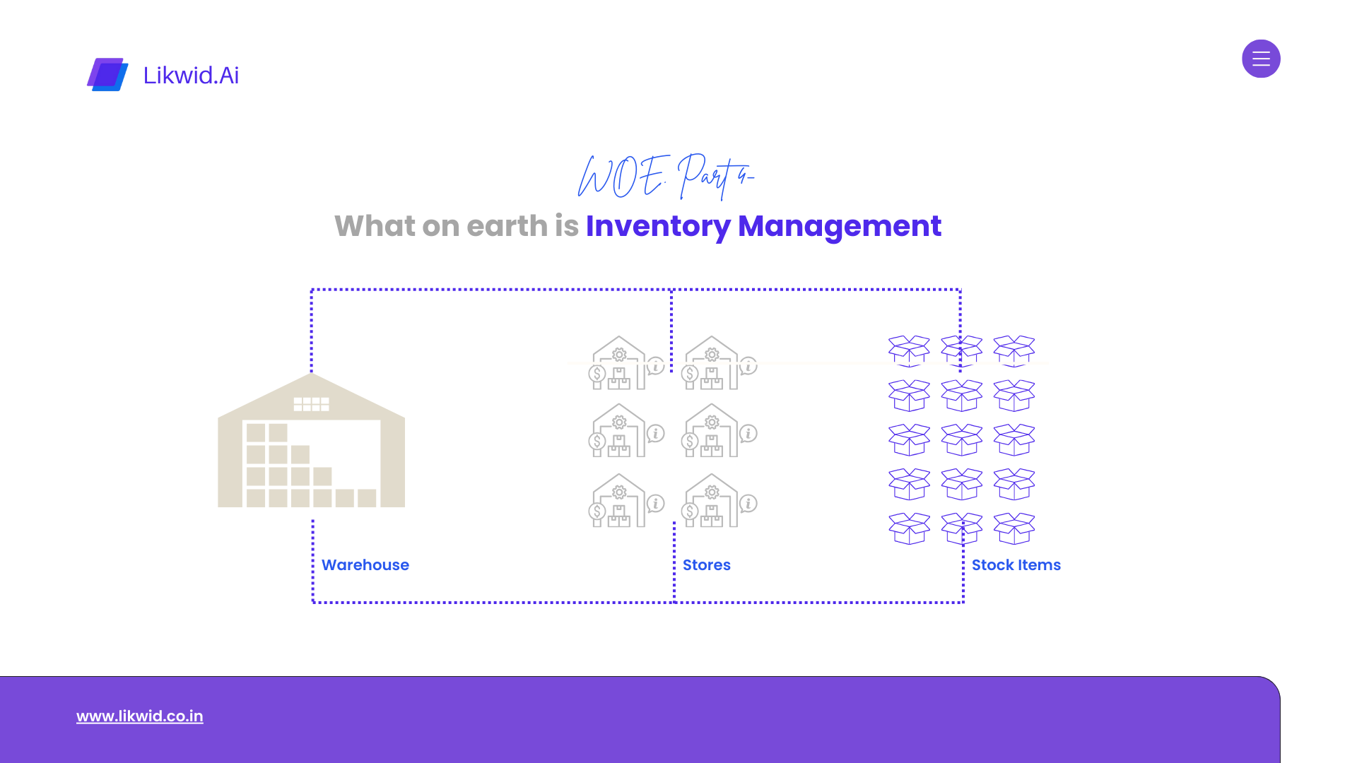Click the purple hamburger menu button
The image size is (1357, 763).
click(x=1261, y=59)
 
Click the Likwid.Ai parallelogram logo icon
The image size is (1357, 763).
click(x=107, y=74)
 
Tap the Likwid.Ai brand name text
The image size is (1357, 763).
click(x=191, y=75)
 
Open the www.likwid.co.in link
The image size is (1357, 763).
click(x=140, y=716)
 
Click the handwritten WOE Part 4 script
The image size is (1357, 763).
click(x=664, y=176)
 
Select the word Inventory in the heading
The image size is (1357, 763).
click(x=657, y=226)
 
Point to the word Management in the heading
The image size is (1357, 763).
click(x=839, y=226)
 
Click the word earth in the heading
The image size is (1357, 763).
click(x=507, y=226)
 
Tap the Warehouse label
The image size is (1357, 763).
click(x=365, y=565)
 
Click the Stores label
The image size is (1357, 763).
click(x=706, y=565)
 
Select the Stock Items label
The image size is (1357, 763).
click(x=1016, y=565)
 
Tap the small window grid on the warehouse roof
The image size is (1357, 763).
click(x=311, y=404)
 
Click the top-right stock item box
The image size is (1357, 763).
click(x=1014, y=351)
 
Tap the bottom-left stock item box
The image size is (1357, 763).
click(x=909, y=528)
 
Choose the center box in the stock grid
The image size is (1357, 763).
click(x=961, y=439)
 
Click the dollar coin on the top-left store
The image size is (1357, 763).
click(x=597, y=374)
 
